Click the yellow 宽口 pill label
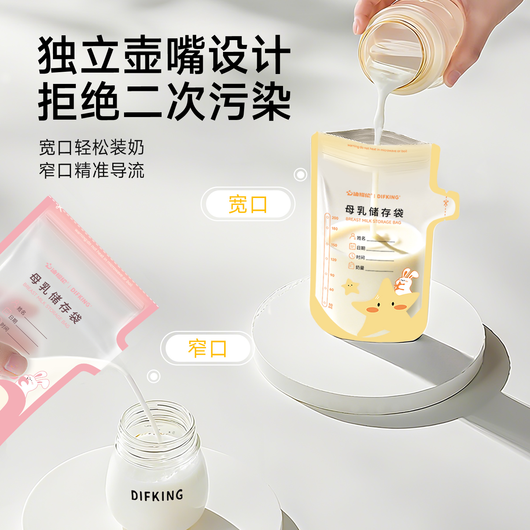pyautogui.click(x=248, y=204)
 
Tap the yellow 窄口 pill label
pyautogui.click(x=207, y=348)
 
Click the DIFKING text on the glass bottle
pyautogui.click(x=157, y=495)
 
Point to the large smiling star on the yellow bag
pyautogui.click(x=383, y=309)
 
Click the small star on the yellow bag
pyautogui.click(x=350, y=287)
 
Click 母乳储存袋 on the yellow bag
pyautogui.click(x=374, y=211)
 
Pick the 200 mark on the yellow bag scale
pyautogui.click(x=335, y=218)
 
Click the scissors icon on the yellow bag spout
pyautogui.click(x=446, y=202)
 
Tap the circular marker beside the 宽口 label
pyautogui.click(x=301, y=174)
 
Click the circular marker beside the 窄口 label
pyautogui.click(x=153, y=376)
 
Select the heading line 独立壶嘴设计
pyautogui.click(x=165, y=55)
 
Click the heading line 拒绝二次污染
pyautogui.click(x=165, y=101)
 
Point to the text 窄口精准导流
pyautogui.click(x=92, y=170)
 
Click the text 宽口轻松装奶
pyautogui.click(x=92, y=148)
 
